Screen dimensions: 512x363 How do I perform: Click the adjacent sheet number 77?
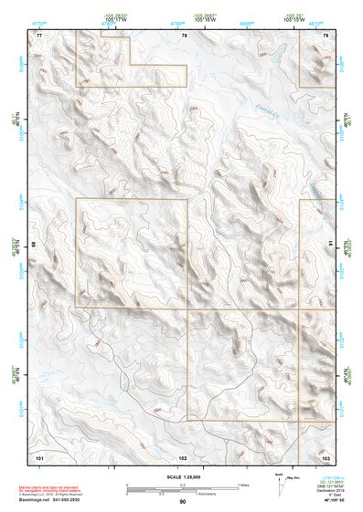click(x=39, y=35)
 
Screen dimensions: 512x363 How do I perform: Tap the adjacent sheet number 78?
click(x=184, y=35)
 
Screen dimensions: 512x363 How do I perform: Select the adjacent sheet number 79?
click(x=326, y=35)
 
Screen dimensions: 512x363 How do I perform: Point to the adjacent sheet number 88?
click(x=34, y=244)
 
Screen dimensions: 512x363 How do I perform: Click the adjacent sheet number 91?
click(x=330, y=244)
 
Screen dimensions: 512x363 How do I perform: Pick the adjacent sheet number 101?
click(x=39, y=455)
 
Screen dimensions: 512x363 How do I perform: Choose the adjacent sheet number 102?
click(x=183, y=455)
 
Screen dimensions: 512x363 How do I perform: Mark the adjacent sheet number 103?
click(x=326, y=455)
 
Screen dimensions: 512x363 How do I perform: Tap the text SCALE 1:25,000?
click(x=183, y=476)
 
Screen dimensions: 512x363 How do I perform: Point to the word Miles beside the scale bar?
click(x=242, y=484)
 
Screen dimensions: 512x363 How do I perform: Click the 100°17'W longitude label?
click(x=114, y=18)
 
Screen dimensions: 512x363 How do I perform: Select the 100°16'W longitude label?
click(x=218, y=18)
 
